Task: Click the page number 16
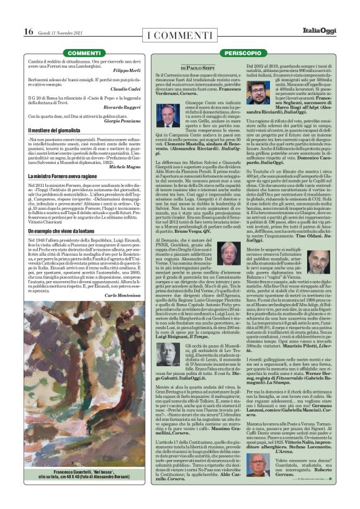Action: pyautogui.click(x=29, y=31)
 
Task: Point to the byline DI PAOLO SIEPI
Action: pyautogui.click(x=200, y=67)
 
